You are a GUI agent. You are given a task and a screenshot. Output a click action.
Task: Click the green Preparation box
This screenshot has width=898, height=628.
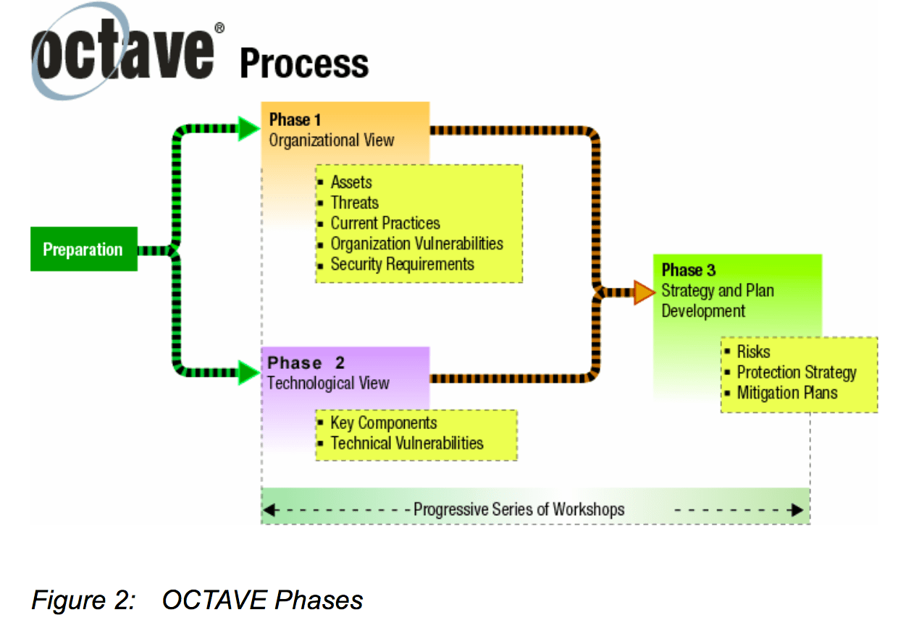tap(83, 250)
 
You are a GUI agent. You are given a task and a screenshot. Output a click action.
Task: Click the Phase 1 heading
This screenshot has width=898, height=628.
tap(295, 119)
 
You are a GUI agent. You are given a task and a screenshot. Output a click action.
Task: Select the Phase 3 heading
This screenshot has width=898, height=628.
tap(689, 270)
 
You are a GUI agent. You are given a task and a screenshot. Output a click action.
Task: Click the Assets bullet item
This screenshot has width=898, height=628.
tap(351, 182)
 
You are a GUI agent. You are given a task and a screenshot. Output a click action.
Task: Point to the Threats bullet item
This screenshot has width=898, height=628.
tap(355, 203)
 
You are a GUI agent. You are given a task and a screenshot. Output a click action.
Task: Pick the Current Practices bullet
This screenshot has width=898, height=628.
tap(385, 223)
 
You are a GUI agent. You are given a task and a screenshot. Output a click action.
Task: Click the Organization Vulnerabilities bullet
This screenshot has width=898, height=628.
tap(416, 244)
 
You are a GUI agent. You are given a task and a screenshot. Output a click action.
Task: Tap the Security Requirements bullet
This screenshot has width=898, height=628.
tap(402, 264)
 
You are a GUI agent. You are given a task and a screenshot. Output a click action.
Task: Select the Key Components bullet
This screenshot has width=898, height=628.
tap(384, 423)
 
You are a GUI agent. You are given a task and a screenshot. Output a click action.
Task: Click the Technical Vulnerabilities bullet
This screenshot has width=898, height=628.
tap(406, 443)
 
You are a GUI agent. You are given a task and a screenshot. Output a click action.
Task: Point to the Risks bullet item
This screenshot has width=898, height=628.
tap(753, 352)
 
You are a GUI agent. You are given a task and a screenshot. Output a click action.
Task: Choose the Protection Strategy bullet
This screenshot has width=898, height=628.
tap(797, 373)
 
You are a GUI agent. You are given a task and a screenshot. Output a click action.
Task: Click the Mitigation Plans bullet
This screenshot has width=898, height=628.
tap(787, 394)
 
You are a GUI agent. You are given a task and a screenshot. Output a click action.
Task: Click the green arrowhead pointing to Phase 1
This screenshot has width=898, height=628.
tap(248, 129)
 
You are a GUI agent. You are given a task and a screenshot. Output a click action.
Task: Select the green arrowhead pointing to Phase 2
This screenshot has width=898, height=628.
tap(248, 373)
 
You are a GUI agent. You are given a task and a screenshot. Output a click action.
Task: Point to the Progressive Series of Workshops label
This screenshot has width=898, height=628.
tap(519, 509)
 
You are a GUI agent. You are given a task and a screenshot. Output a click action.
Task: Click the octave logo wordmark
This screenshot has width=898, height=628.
tap(123, 54)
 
